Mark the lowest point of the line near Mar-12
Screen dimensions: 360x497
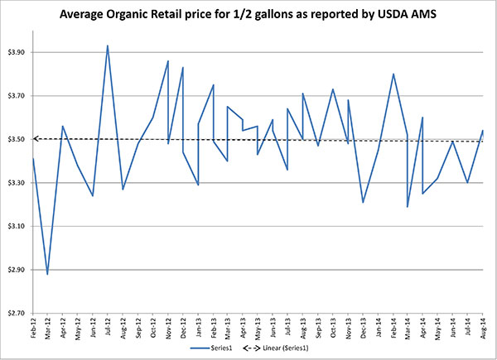tap(47, 274)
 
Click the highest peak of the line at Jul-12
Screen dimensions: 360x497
tap(108, 46)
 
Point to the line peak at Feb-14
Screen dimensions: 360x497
tap(393, 74)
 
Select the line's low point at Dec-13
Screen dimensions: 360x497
tap(363, 202)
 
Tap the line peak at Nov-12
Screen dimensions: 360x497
tap(168, 60)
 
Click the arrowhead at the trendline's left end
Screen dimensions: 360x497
tap(36, 139)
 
